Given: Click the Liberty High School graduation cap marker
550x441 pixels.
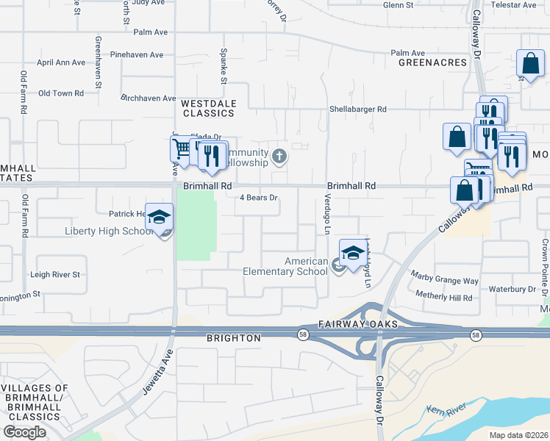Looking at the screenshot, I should point(159,218).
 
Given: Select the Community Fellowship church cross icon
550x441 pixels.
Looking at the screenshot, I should point(279,156).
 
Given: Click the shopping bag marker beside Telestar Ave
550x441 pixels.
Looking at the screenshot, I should point(530,65).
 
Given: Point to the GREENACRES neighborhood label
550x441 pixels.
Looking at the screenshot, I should point(433,62).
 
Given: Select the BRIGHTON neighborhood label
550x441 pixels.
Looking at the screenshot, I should point(233,338).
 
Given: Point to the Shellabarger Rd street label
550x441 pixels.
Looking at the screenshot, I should point(358,109).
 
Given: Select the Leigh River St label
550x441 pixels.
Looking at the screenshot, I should point(54,274).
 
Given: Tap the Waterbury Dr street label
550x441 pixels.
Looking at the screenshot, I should point(512,289).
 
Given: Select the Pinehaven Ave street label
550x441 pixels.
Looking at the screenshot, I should point(137,54).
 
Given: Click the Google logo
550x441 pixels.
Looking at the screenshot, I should point(24,432).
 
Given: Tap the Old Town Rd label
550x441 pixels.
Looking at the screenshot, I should point(60,93).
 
